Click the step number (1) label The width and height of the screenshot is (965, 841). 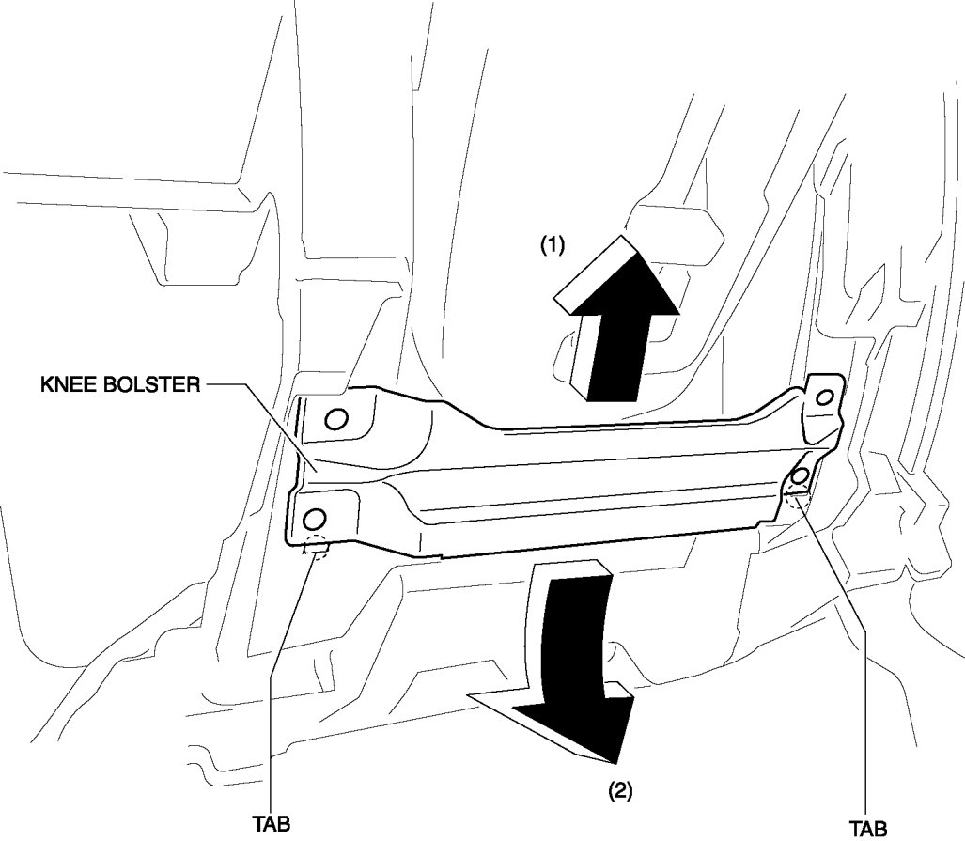[551, 245]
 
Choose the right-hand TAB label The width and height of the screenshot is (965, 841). [868, 828]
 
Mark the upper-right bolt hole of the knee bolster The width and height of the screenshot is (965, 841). [824, 397]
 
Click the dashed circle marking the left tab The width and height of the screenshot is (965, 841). [316, 548]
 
